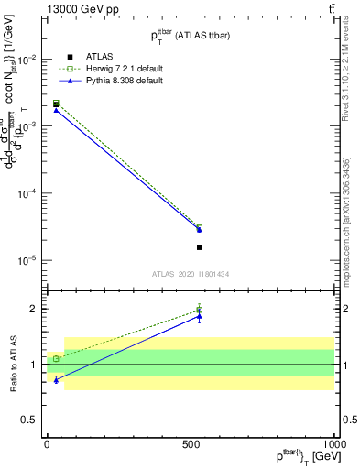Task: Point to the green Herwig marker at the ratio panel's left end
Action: coord(56,359)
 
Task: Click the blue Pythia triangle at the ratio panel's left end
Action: coord(56,379)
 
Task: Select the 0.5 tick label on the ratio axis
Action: coord(29,420)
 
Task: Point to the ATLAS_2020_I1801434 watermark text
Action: coord(191,274)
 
